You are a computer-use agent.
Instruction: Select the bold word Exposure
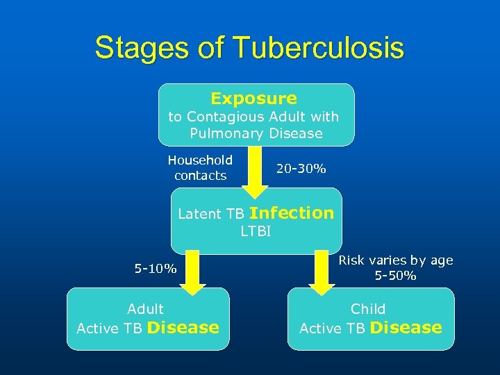point(253,99)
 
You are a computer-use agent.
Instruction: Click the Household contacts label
point(200,167)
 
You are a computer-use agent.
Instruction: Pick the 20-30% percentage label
point(301,168)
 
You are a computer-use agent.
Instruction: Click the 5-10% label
point(156,268)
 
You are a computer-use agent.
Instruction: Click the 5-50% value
point(395,276)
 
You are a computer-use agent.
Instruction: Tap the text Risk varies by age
point(395,260)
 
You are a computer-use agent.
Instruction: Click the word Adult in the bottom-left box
point(145,309)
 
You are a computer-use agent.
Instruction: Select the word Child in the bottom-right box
point(368,309)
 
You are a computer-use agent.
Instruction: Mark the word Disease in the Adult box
point(183,328)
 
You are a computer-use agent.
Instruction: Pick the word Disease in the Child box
point(406,328)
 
